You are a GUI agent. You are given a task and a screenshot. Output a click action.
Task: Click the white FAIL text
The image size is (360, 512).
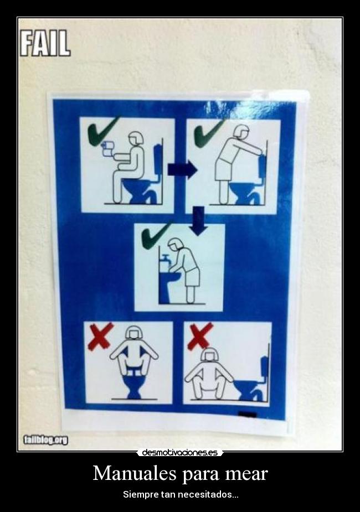click(x=45, y=43)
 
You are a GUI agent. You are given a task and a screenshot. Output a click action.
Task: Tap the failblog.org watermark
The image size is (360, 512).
click(x=45, y=440)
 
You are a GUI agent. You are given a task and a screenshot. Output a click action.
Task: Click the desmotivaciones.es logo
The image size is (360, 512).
click(x=179, y=452)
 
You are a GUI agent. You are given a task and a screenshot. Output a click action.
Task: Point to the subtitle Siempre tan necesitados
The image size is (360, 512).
click(x=180, y=494)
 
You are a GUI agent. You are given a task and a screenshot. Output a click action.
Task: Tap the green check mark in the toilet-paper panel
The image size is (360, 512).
click(x=102, y=131)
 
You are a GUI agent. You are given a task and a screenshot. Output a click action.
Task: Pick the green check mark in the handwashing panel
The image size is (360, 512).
click(x=155, y=235)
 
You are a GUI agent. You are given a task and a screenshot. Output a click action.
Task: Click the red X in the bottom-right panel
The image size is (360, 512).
click(x=199, y=335)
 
